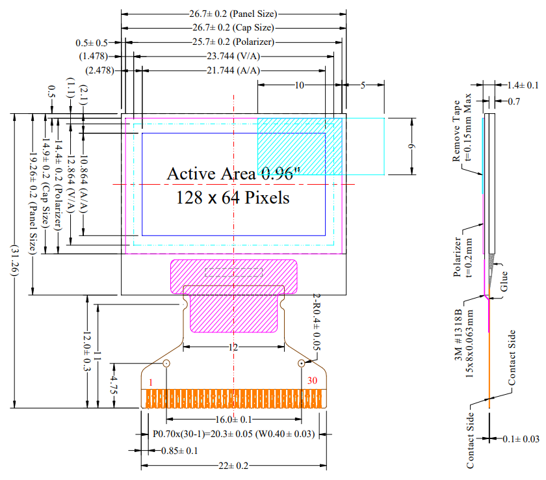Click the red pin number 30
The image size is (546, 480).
pyautogui.click(x=312, y=382)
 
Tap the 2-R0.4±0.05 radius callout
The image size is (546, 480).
pyautogui.click(x=317, y=323)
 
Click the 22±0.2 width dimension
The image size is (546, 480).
pyautogui.click(x=233, y=466)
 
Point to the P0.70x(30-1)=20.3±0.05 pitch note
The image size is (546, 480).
pyautogui.click(x=233, y=434)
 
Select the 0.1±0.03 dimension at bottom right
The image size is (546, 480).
pyautogui.click(x=521, y=440)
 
